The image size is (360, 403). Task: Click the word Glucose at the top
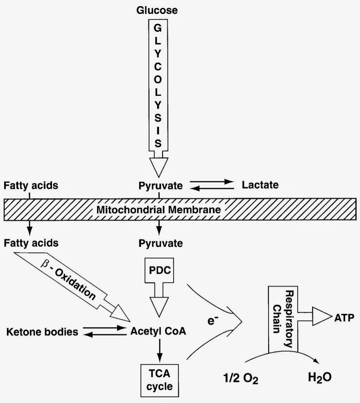click(x=157, y=10)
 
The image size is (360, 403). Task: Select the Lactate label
click(x=260, y=185)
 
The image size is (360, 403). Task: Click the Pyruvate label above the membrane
click(x=161, y=185)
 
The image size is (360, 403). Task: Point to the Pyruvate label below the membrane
click(x=161, y=243)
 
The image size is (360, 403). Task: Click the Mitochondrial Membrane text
click(x=159, y=210)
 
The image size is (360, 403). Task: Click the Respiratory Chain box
click(x=283, y=318)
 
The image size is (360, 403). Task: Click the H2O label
click(x=319, y=379)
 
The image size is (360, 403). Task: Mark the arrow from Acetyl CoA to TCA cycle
click(x=160, y=350)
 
